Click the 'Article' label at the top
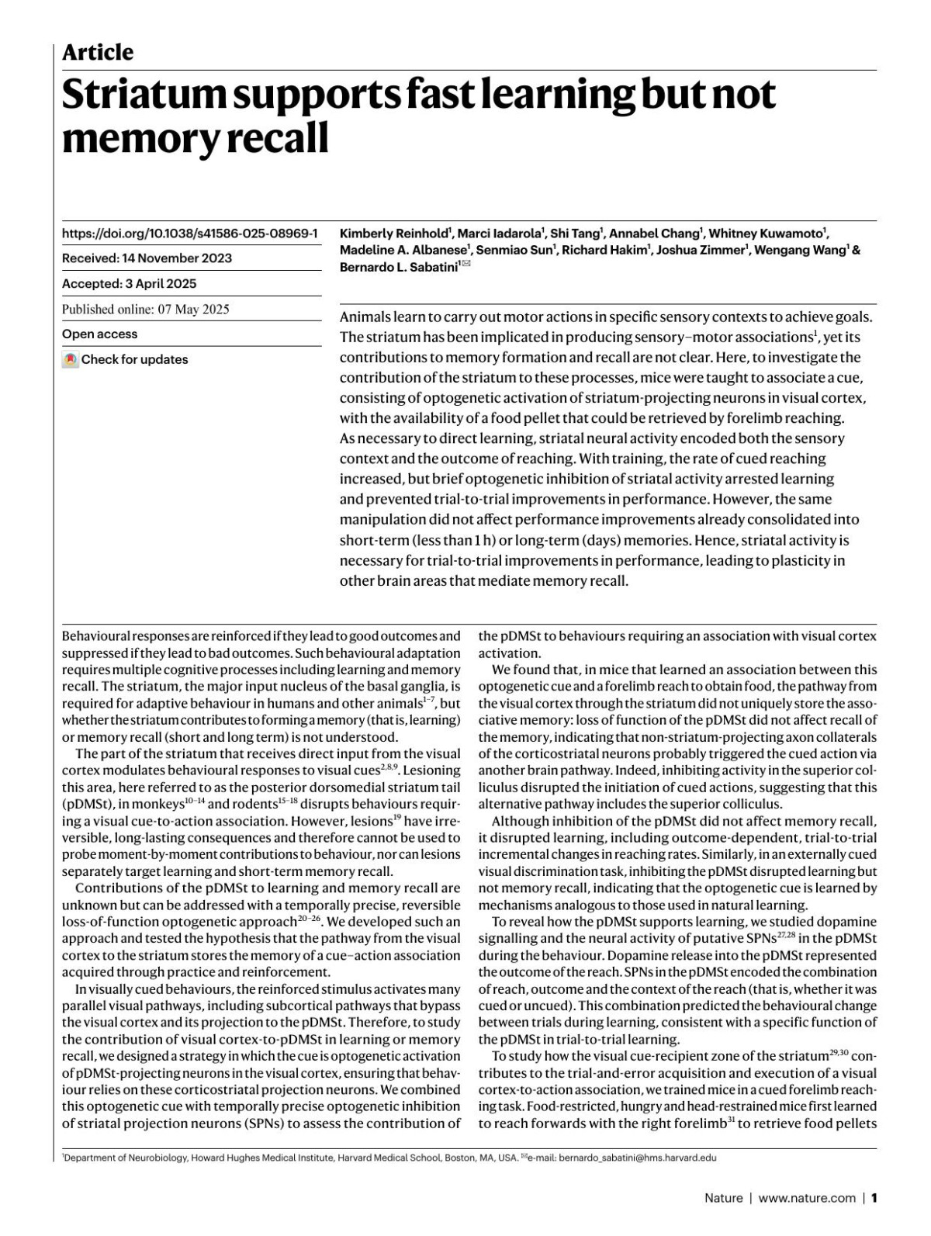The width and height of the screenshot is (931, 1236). coord(98,53)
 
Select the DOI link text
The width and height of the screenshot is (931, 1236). coord(190,234)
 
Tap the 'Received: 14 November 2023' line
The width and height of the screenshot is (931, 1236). coord(147,258)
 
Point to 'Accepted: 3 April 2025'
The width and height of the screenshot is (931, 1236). coord(129,284)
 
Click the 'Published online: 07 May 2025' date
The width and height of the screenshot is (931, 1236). coord(145,309)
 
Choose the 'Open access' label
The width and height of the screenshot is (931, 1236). coord(99,334)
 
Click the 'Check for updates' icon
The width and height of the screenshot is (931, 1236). coord(71,360)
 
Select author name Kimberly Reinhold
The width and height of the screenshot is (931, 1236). coord(395,234)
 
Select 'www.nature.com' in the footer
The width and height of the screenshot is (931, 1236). coord(807,1198)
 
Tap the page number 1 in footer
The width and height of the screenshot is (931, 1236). coord(874,1198)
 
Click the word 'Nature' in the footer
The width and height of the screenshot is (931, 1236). coord(723,1198)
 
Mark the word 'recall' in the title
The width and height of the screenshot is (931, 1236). coord(280,138)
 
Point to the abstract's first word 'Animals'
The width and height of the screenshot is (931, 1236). coord(365,317)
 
